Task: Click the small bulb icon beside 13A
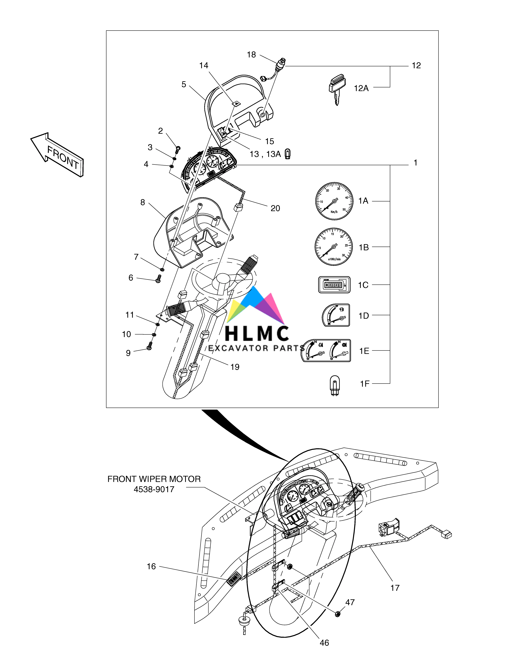[287, 154]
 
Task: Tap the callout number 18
[251, 55]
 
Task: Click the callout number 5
[184, 85]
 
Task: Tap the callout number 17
[395, 588]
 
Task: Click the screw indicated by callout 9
[149, 346]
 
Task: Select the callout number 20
[275, 208]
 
